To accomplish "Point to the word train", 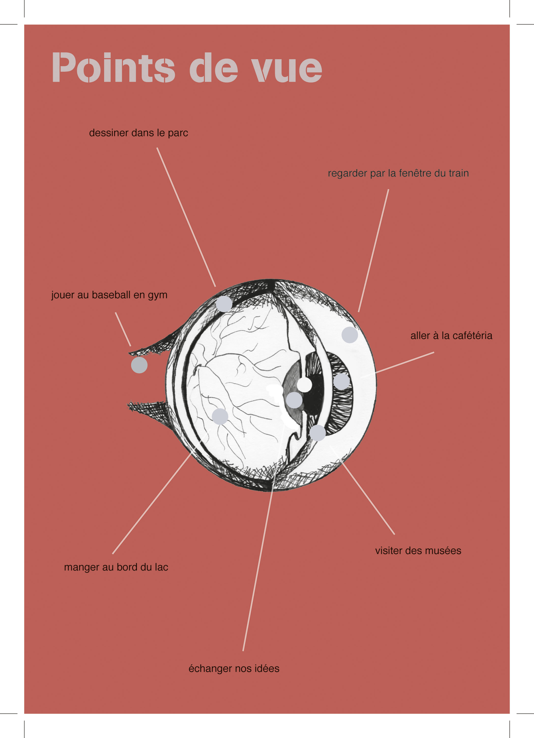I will pos(459,173).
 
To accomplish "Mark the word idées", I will pos(267,668).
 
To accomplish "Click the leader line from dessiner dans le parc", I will pos(186,217).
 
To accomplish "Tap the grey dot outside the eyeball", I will pos(139,365).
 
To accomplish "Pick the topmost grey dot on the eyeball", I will pos(224,304).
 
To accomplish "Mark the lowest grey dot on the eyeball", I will pos(318,433).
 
